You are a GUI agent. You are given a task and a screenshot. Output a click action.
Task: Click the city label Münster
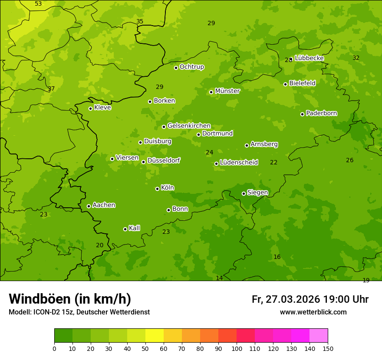tap(227, 91)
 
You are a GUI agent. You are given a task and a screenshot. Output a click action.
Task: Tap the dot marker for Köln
tap(157, 189)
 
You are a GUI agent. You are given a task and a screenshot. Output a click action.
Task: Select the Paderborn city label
tap(322, 113)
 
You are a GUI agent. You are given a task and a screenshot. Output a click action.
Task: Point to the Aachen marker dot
tap(89, 206)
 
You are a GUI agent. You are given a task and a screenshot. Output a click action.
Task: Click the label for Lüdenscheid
tap(239, 163)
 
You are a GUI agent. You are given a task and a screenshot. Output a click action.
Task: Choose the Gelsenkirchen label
tap(189, 126)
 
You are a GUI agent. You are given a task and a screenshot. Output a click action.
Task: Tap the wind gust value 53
tap(38, 4)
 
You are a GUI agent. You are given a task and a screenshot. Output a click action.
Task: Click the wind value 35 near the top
tap(140, 21)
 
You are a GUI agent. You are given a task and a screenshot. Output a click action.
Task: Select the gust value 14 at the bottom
tap(219, 278)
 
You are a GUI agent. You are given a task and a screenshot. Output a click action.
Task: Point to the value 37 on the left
tap(51, 89)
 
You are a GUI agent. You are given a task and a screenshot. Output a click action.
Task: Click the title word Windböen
tap(39, 299)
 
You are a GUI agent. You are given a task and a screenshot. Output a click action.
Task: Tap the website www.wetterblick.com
tap(313, 312)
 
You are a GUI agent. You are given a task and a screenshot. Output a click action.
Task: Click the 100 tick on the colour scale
tap(237, 348)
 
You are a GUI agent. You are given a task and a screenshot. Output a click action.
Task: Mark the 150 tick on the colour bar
tap(328, 348)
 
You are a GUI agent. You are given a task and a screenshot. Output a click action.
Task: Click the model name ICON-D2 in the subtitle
tap(47, 312)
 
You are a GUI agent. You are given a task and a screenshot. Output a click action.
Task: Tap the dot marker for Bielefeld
tap(285, 84)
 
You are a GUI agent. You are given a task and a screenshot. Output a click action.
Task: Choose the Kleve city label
tap(102, 107)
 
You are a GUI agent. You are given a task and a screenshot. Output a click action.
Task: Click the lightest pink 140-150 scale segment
tap(319, 336)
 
